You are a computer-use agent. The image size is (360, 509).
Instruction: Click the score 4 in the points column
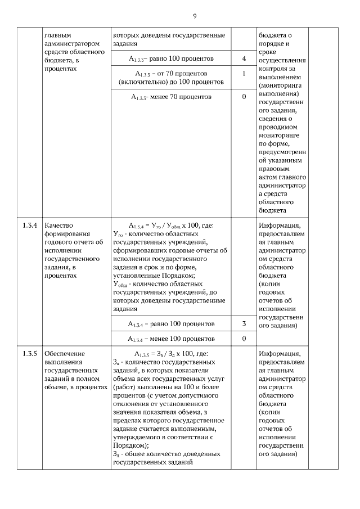(x=244, y=58)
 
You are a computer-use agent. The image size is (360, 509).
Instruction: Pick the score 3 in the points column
(x=244, y=324)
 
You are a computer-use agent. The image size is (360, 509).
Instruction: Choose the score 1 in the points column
(x=244, y=74)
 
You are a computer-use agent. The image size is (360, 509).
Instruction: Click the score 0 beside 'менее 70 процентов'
(x=244, y=97)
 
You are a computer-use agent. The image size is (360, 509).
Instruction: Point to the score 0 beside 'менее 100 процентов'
(x=244, y=339)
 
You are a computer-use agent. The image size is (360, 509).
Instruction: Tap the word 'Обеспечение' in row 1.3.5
(x=64, y=353)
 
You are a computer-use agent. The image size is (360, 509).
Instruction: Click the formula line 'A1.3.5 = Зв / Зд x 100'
(x=171, y=353)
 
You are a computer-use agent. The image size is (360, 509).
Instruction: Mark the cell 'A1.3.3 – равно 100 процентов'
(x=171, y=58)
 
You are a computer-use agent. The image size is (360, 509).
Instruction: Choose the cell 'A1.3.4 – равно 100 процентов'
(x=171, y=324)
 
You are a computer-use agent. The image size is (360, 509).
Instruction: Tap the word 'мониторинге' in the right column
(x=280, y=135)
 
